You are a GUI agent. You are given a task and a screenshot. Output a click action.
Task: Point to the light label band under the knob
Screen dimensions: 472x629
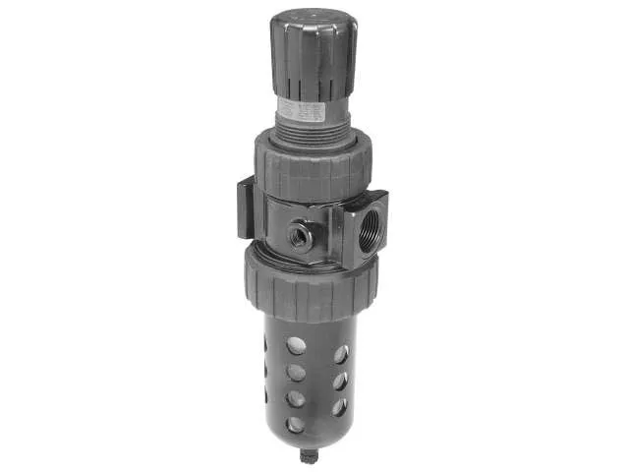coord(300,108)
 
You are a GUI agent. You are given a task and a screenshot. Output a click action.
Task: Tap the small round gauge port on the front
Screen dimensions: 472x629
coord(300,236)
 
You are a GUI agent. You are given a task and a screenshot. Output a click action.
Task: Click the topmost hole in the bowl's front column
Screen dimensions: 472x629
coord(297,344)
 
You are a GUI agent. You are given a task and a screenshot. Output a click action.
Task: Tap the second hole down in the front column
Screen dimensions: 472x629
coord(296,372)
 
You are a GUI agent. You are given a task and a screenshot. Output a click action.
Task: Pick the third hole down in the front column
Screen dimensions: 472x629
coord(296,398)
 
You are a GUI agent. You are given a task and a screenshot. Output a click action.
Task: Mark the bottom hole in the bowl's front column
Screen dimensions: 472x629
coord(296,424)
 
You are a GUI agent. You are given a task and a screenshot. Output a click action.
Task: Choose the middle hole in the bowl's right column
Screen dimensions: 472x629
coord(339,380)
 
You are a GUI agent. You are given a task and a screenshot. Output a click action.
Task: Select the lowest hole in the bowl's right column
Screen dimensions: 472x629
coord(338,405)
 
